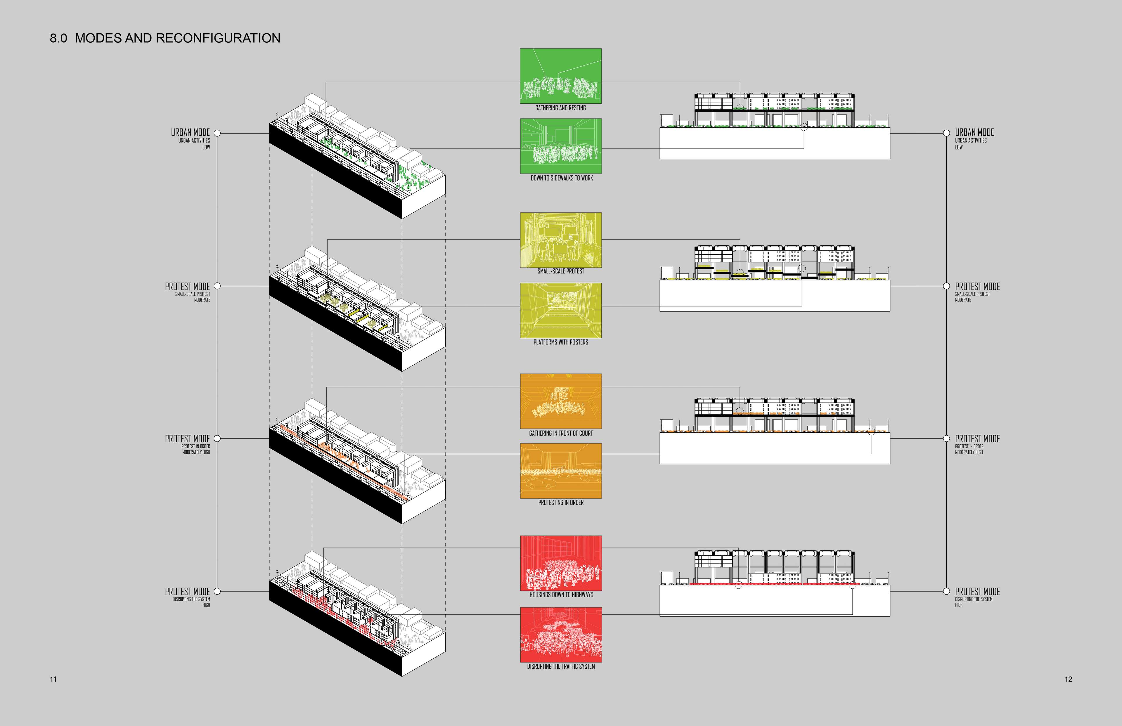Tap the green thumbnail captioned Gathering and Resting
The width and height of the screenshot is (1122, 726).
(560, 76)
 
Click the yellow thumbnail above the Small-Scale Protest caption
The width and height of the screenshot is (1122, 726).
(560, 240)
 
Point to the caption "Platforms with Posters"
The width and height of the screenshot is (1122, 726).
(560, 342)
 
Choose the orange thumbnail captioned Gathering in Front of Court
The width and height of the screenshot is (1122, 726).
(560, 401)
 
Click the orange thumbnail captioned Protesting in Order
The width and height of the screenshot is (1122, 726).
(560, 470)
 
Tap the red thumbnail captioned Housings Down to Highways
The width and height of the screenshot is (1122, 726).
(560, 563)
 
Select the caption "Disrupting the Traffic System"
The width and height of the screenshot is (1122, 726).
(560, 667)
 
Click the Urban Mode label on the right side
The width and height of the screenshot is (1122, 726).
(974, 132)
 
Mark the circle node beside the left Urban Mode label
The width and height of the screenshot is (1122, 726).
(217, 134)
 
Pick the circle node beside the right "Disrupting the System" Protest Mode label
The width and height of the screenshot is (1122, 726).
(946, 591)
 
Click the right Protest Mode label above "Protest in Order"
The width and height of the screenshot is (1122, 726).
(977, 439)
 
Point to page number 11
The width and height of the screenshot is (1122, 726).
(53, 679)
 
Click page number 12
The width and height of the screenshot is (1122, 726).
(1068, 679)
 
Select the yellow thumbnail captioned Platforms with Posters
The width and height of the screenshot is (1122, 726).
(560, 310)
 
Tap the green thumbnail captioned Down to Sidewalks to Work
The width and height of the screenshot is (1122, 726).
(560, 146)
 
